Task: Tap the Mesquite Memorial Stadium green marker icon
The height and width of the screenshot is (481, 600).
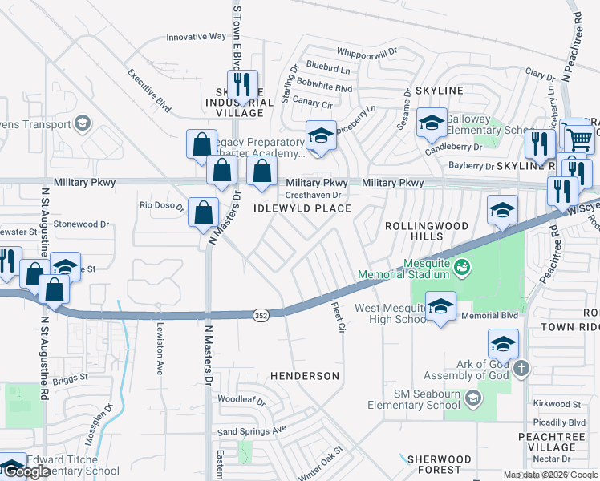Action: point(462,266)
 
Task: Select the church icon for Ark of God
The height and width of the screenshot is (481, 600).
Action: point(521,369)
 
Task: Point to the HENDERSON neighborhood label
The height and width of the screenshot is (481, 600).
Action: point(304,375)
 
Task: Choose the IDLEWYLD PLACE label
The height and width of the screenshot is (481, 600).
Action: point(302,208)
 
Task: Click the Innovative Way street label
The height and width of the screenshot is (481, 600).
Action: point(197,37)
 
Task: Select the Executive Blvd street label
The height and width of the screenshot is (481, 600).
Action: point(149,88)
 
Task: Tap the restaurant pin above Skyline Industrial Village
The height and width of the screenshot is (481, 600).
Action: point(241,83)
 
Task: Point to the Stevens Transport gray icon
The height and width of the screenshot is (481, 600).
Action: point(81,123)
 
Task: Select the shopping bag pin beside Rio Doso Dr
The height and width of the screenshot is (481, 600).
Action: point(204,212)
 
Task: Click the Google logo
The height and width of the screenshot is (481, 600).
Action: point(26,471)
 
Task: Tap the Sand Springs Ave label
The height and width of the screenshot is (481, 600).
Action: point(252,430)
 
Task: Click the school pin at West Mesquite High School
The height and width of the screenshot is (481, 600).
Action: point(440,307)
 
